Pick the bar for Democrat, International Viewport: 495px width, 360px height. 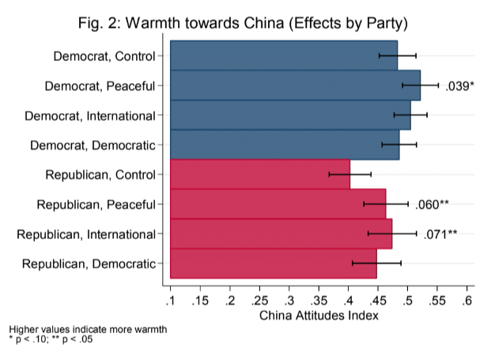pyautogui.click(x=289, y=115)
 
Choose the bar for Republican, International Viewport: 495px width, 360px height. pyautogui.click(x=280, y=233)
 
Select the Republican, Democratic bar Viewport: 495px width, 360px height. pyautogui.click(x=273, y=263)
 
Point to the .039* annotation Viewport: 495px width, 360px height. pyautogui.click(x=460, y=85)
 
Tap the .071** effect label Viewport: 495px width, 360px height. pyautogui.click(x=440, y=233)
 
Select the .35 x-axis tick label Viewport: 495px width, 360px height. pyautogui.click(x=319, y=300)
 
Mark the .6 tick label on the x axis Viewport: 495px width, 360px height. pyautogui.click(x=468, y=300)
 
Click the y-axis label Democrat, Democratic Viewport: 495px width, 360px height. pyautogui.click(x=93, y=145)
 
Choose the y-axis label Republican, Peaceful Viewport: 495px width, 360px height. pyautogui.click(x=96, y=204)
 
